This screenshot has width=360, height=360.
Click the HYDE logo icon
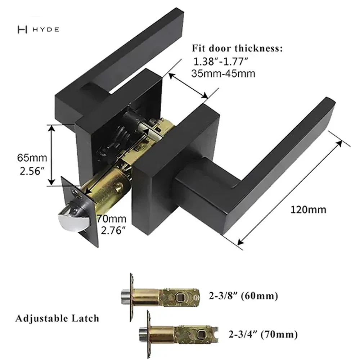point(22,30)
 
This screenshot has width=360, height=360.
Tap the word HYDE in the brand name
point(46,30)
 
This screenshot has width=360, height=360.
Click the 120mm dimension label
point(309,210)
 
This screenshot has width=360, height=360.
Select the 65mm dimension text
point(32,158)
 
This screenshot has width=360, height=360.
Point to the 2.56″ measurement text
point(32,171)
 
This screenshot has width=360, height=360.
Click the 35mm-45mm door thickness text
point(223,74)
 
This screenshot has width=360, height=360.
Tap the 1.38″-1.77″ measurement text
point(221,61)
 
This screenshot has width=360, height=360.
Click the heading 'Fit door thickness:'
point(237,49)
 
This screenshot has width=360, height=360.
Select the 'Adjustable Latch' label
point(57,319)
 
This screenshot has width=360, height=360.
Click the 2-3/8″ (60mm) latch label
point(243,296)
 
